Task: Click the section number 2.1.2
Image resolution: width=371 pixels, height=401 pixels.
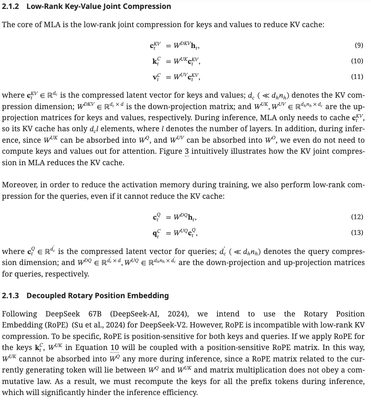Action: point(11,6)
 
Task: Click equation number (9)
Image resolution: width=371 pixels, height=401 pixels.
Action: point(358,45)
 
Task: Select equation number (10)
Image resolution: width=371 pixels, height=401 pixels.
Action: point(357,61)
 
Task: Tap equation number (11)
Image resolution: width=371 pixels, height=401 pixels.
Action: point(357,77)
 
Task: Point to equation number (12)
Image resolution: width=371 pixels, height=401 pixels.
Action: point(357,217)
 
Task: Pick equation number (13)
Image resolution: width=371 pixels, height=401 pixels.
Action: point(357,233)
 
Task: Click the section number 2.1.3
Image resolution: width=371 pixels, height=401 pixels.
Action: point(11,295)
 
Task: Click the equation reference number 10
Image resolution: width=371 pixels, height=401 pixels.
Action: point(114,347)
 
